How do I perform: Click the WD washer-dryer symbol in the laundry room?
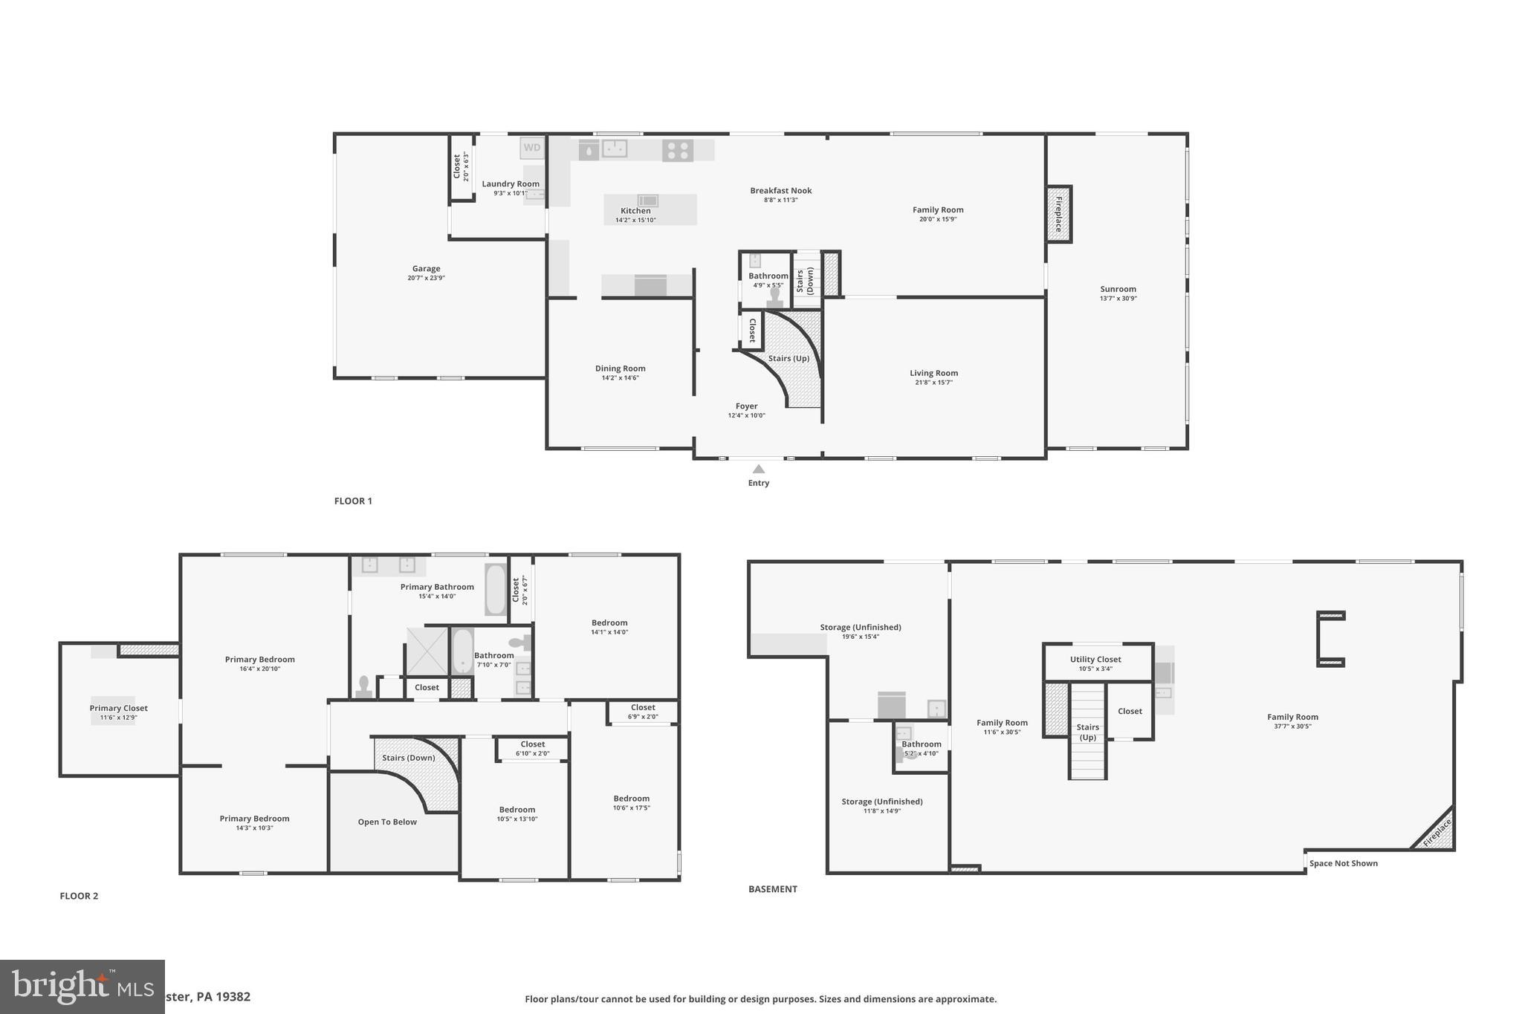point(532,148)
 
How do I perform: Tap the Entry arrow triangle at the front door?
point(759,469)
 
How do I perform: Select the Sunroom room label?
point(1118,289)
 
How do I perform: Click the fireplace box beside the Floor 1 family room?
point(1059,214)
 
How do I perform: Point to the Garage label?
point(426,269)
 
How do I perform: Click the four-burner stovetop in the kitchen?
point(678,151)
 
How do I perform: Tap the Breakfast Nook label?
point(780,191)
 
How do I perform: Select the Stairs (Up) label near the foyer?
point(788,358)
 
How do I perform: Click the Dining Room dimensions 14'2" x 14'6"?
point(620,378)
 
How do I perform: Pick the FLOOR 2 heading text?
point(79,896)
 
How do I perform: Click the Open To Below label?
point(387,822)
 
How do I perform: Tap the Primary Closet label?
point(119,708)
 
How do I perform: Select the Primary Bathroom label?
point(437,587)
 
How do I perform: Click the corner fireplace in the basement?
point(1437,833)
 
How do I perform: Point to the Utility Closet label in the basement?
point(1095,659)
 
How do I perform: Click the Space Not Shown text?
point(1343,863)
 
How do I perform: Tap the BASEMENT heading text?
point(772,889)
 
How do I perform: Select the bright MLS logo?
point(82,987)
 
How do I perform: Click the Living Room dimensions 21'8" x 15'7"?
point(933,383)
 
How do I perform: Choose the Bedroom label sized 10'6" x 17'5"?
point(631,799)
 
